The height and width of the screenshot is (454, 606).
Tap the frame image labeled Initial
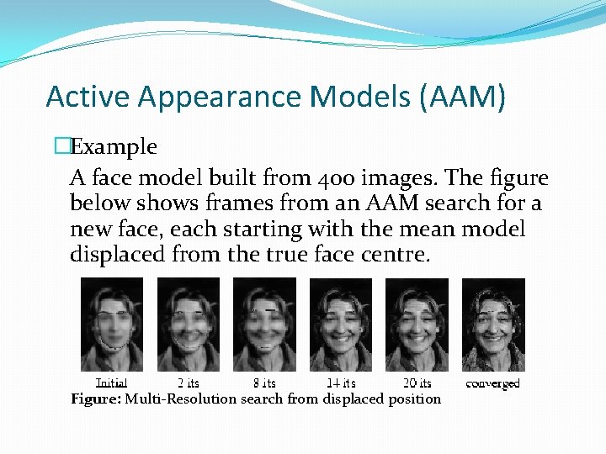112,325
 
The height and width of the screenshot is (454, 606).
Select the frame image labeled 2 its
189,325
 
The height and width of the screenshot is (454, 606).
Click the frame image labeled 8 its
264,325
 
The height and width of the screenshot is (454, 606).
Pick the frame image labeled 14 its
341,325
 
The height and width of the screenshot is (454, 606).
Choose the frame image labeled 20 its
417,325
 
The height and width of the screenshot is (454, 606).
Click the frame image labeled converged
493,325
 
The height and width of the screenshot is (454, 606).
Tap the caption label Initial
111,383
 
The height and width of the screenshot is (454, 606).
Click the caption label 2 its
188,383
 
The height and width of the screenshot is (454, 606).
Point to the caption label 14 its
340,383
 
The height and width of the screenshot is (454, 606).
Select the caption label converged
492,383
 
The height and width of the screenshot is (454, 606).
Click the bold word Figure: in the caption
96,399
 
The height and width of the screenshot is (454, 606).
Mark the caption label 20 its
416,383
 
